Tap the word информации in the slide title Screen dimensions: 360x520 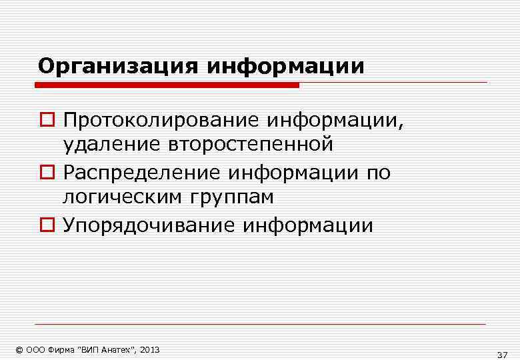click(286, 67)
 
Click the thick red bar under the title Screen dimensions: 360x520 click(167, 85)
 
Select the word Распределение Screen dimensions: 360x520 click(142, 173)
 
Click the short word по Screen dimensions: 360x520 click(378, 173)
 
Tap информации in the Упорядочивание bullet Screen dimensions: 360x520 click(308, 225)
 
